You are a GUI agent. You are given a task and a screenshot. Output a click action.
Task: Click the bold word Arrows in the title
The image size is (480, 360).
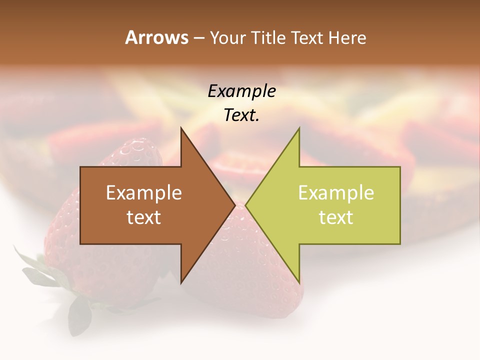click(x=156, y=37)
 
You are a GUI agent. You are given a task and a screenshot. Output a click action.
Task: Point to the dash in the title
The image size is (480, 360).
click(x=198, y=38)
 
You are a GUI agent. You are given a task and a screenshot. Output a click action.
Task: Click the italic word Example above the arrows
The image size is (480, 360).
click(x=241, y=91)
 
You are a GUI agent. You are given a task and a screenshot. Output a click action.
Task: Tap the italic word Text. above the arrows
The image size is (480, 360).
click(x=241, y=115)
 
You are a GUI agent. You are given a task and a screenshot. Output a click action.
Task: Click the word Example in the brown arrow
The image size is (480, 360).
click(x=143, y=193)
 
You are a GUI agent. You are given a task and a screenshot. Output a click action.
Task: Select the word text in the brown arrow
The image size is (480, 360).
click(x=143, y=217)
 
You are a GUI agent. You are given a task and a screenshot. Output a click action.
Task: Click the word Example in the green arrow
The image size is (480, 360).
click(x=336, y=193)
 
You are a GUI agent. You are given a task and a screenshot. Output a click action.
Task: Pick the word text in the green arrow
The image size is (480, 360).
click(x=336, y=217)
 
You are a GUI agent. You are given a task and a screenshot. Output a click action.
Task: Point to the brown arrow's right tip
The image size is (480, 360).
click(x=234, y=205)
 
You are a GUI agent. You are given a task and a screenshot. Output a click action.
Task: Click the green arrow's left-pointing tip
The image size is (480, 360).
click(x=246, y=205)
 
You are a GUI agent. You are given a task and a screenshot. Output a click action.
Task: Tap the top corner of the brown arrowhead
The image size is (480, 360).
click(x=181, y=129)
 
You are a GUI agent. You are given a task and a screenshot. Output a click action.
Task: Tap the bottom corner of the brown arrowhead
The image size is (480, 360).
click(x=181, y=282)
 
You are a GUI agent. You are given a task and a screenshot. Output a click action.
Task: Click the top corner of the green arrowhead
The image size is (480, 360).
click(x=299, y=129)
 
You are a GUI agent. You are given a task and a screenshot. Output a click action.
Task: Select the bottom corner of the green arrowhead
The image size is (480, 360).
click(x=299, y=282)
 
